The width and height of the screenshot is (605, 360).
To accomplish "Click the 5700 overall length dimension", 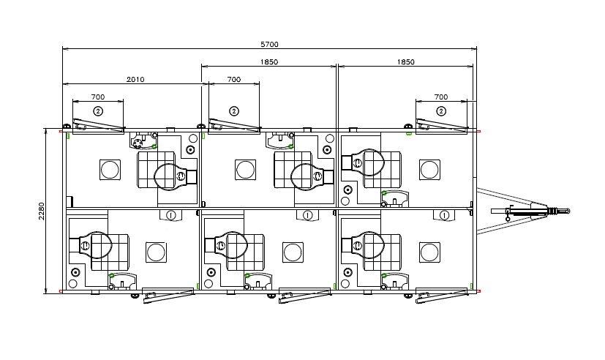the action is (x=269, y=45).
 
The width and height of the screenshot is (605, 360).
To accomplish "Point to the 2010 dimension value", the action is (x=135, y=80).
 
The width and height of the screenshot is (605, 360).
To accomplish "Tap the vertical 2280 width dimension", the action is (x=42, y=211).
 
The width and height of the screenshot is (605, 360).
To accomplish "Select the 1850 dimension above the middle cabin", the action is (x=269, y=61).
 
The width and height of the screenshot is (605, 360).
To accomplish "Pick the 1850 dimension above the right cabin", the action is (x=405, y=61).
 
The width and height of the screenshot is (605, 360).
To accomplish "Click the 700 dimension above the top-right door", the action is (x=441, y=97).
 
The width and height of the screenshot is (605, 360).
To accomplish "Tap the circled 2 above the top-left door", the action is (x=98, y=111).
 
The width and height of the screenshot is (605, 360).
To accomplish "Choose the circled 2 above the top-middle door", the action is (x=234, y=111).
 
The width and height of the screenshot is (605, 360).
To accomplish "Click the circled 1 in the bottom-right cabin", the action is (x=444, y=215).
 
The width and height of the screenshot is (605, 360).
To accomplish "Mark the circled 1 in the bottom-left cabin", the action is (x=170, y=215).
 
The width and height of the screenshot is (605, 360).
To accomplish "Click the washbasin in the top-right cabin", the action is (x=394, y=198).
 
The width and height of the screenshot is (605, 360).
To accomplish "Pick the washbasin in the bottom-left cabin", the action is (x=123, y=281).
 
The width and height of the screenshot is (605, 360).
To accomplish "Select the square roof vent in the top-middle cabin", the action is (x=245, y=170).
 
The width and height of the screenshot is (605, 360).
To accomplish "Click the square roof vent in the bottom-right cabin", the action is (x=429, y=252).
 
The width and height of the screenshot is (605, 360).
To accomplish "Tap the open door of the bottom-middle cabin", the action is (x=305, y=295).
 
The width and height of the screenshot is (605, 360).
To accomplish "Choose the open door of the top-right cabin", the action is (x=442, y=125).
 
